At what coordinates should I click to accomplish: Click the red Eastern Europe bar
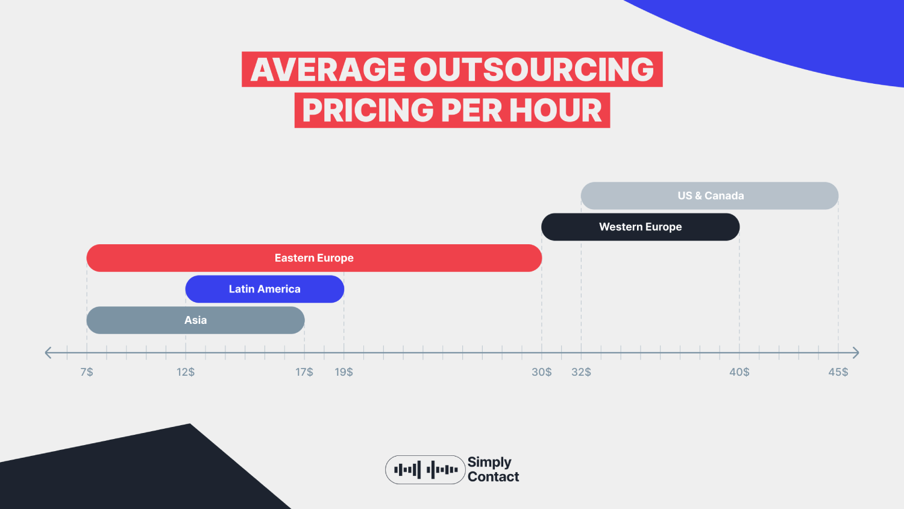314,258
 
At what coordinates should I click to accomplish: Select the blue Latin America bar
265,289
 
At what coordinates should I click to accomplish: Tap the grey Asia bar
195,320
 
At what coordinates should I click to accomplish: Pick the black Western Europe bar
640,227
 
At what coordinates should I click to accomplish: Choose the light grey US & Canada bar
710,196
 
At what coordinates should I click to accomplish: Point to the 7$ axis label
87,372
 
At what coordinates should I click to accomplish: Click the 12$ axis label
186,372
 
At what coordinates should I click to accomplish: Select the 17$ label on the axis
304,372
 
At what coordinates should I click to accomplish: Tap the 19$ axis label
344,372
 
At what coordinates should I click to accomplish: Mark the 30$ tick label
542,372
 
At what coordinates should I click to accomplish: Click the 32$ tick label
582,372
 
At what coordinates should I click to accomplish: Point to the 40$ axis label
739,372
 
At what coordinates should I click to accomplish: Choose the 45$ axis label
838,372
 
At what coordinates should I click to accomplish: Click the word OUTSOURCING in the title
534,69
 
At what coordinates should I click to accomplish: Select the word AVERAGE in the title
328,69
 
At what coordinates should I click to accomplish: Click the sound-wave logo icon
425,470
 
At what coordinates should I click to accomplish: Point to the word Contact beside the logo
493,477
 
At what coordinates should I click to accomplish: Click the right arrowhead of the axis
855,353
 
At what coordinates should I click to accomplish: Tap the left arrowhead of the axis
49,353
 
